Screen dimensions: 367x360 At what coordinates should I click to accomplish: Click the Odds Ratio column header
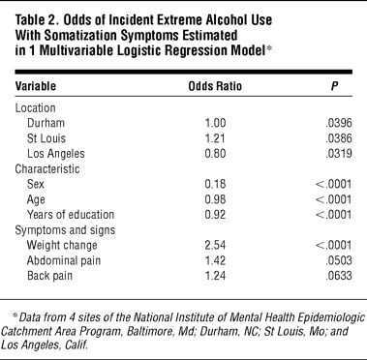point(215,86)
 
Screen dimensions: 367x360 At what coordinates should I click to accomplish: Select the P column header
point(335,86)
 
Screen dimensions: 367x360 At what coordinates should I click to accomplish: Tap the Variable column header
point(36,86)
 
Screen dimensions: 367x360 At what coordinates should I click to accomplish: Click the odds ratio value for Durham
point(215,123)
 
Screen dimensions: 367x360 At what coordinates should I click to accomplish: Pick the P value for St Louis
point(339,138)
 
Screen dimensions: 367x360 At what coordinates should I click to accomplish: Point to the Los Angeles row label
point(56,154)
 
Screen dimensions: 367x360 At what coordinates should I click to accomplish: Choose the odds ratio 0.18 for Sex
point(215,184)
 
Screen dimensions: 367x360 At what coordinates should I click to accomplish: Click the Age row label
point(36,200)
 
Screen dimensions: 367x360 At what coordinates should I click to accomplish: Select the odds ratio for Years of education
point(215,215)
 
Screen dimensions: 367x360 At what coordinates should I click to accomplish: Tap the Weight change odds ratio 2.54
point(215,246)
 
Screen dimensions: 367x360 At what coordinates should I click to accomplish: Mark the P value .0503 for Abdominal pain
point(339,260)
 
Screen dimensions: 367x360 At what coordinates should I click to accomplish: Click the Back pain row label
point(49,276)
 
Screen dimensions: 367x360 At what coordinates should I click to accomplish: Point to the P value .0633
point(339,276)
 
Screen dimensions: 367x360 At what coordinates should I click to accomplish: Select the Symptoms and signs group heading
point(65,230)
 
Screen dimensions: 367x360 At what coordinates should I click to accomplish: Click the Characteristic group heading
point(47,169)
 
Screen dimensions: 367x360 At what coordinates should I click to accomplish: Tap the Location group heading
point(36,107)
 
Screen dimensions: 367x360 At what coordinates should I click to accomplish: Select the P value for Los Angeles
point(339,154)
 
